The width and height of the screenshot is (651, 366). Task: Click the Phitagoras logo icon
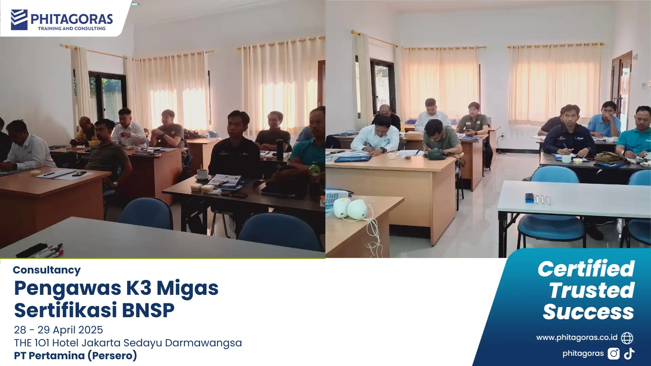pyautogui.click(x=19, y=20)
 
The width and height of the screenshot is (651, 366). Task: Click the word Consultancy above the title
pyautogui.click(x=47, y=270)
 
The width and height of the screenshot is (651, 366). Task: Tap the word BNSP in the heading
pyautogui.click(x=148, y=310)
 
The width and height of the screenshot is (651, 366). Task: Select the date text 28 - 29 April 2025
pyautogui.click(x=58, y=330)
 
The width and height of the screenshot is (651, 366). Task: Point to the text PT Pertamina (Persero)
pyautogui.click(x=75, y=355)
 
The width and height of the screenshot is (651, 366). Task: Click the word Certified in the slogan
pyautogui.click(x=586, y=269)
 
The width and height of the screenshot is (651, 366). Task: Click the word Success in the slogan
pyautogui.click(x=588, y=312)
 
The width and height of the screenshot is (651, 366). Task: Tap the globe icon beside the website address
pyautogui.click(x=627, y=338)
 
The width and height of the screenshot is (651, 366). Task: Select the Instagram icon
pyautogui.click(x=613, y=354)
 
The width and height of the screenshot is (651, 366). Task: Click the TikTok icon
pyautogui.click(x=629, y=354)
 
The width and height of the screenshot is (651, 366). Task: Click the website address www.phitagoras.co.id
pyautogui.click(x=576, y=338)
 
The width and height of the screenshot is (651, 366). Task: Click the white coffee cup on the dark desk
pyautogui.click(x=202, y=174)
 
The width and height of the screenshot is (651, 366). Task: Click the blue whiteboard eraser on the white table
pyautogui.click(x=529, y=198)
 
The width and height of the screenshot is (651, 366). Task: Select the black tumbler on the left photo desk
pyautogui.click(x=279, y=149)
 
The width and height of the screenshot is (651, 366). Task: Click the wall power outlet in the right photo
pyautogui.click(x=503, y=135)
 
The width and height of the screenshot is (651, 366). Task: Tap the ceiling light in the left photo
pyautogui.click(x=135, y=4)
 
